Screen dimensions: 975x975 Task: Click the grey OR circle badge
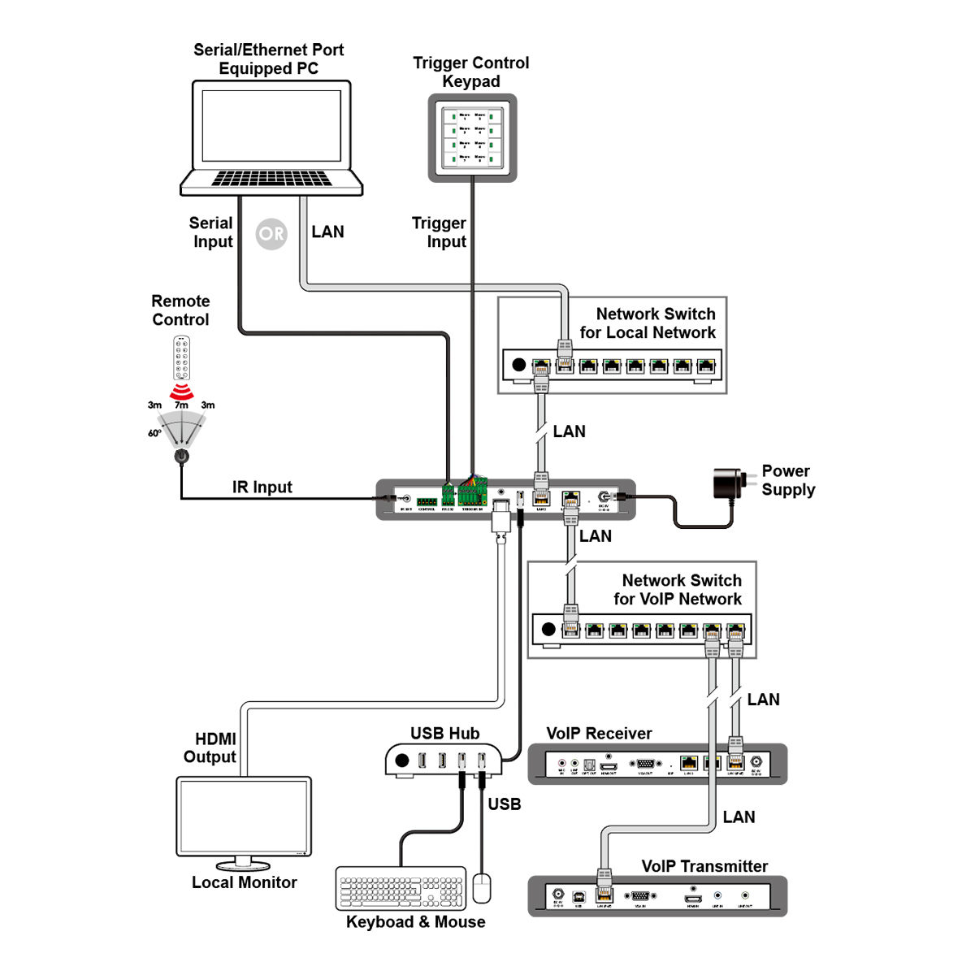[x=271, y=234]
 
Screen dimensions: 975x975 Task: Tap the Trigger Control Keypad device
[x=472, y=138]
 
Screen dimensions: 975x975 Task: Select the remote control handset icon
[x=181, y=358]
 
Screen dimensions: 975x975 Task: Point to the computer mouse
[x=482, y=887]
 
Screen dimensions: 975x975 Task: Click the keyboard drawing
[x=401, y=888]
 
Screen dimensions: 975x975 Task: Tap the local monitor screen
[x=244, y=816]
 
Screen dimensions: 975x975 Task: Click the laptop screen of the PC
[x=271, y=126]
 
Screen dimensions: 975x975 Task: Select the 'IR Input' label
[x=262, y=487]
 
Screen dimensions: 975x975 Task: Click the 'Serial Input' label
[x=211, y=232]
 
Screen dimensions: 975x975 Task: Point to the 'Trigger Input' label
[x=440, y=232]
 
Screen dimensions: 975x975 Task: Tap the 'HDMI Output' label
[x=210, y=747]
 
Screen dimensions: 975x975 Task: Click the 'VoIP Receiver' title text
[x=599, y=734]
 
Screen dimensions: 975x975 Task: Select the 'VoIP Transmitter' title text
[x=704, y=866]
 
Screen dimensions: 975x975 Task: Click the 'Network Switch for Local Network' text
[x=648, y=323]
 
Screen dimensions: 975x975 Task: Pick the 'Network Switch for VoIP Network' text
[x=678, y=590]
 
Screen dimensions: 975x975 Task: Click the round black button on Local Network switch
[x=518, y=365]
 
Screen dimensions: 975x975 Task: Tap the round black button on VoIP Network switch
[x=548, y=629]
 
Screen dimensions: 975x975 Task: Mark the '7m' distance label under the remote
[x=181, y=405]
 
